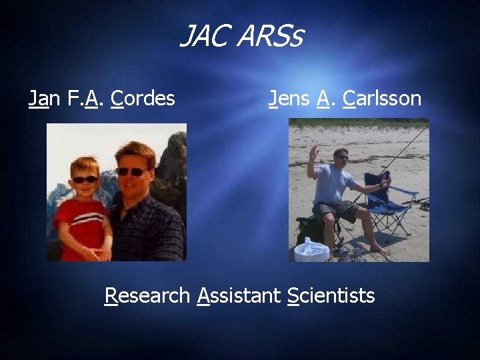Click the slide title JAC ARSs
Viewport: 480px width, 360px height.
coord(241,37)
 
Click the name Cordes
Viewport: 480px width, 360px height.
coord(143,99)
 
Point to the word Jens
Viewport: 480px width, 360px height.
coord(289,99)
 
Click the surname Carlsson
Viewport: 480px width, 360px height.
coord(382,99)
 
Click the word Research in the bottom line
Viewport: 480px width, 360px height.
coord(147,295)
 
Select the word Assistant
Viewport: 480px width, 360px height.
coord(239,295)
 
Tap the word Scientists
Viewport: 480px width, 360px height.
coord(331,295)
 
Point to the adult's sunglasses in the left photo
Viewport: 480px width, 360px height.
coord(131,171)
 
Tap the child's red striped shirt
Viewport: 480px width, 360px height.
coord(81,223)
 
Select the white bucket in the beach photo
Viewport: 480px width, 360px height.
coord(311,251)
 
